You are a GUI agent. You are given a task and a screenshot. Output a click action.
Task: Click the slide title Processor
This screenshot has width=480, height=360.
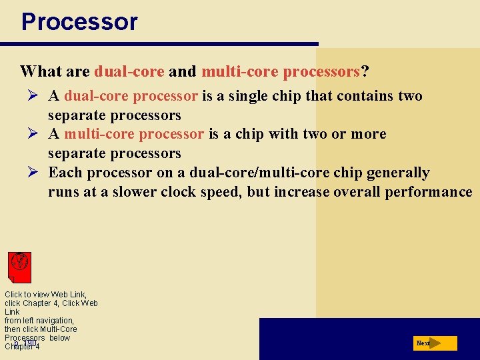point(79,22)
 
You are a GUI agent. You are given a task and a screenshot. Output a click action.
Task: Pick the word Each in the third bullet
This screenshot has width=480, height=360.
point(65,173)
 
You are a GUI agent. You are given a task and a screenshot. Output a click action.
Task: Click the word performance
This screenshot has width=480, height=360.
point(431,192)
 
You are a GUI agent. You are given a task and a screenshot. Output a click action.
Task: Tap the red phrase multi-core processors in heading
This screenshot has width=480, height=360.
point(281,71)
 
